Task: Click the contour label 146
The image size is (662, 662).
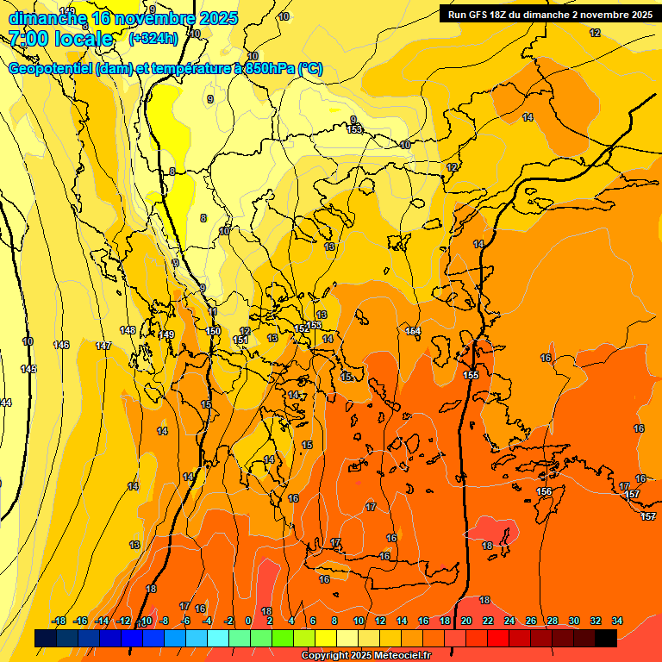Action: point(60,345)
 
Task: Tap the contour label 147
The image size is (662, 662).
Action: point(103,346)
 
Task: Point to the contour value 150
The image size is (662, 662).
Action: point(214,331)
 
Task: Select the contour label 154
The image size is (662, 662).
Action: point(413,331)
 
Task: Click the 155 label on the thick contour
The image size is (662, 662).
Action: point(471,375)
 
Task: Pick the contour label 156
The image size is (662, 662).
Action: point(544,491)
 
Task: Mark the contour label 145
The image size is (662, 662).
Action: point(28,369)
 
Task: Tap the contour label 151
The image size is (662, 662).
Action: point(240,340)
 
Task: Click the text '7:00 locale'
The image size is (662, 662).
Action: point(60,38)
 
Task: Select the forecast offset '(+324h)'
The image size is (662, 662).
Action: point(153,38)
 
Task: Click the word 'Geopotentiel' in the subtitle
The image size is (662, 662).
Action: point(50,69)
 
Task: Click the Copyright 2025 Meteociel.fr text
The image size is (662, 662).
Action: point(365,656)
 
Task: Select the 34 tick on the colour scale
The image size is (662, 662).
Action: point(617,621)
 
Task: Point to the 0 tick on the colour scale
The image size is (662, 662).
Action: point(248,621)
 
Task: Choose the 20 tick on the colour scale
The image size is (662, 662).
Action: point(466,621)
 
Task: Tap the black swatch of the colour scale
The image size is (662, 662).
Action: point(606,638)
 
